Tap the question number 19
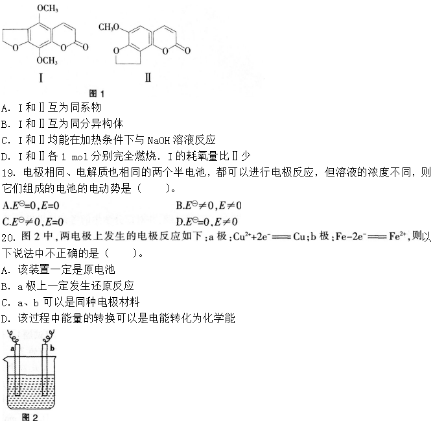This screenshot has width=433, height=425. click(x=9, y=173)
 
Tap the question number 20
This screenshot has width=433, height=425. click(x=9, y=236)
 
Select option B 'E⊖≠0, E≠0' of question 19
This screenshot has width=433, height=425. click(x=209, y=206)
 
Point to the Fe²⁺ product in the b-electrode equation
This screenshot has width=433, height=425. click(x=402, y=236)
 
